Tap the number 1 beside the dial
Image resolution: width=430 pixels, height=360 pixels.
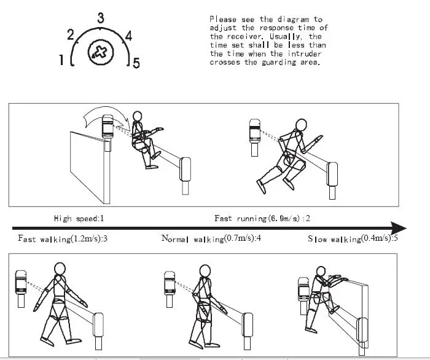pos(62,60)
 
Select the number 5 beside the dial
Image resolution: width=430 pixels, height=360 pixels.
pos(136,62)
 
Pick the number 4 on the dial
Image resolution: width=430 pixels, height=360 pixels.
pos(128,35)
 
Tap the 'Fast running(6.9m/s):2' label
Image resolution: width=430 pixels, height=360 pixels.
pos(262,219)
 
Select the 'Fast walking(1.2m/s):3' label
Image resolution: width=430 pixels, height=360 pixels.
pos(63,238)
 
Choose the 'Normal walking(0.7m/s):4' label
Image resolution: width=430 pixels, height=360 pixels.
pos(211,238)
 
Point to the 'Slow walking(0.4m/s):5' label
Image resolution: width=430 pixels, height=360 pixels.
pos(352,238)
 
